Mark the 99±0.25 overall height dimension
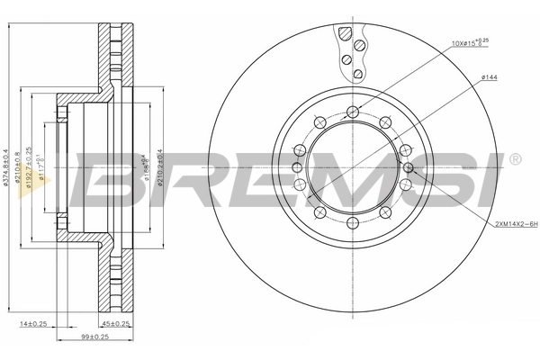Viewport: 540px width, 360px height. point(94,338)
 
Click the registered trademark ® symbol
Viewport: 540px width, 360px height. point(514,160)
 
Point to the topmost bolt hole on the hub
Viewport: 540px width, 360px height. point(353,112)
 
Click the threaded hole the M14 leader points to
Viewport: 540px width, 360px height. point(409,167)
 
